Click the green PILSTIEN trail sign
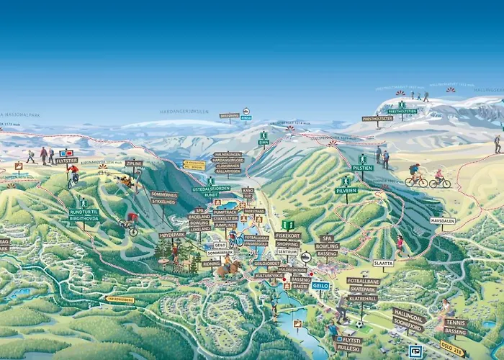(361, 167)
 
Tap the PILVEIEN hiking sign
(346, 190)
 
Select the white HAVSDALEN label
(443, 221)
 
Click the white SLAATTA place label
(384, 263)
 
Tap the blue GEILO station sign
(320, 285)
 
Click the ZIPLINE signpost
(134, 163)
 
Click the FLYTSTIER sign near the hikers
(66, 161)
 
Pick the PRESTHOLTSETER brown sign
(377, 119)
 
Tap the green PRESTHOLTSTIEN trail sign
(402, 112)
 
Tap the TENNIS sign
(455, 323)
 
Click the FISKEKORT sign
(287, 235)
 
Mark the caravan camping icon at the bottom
(414, 351)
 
